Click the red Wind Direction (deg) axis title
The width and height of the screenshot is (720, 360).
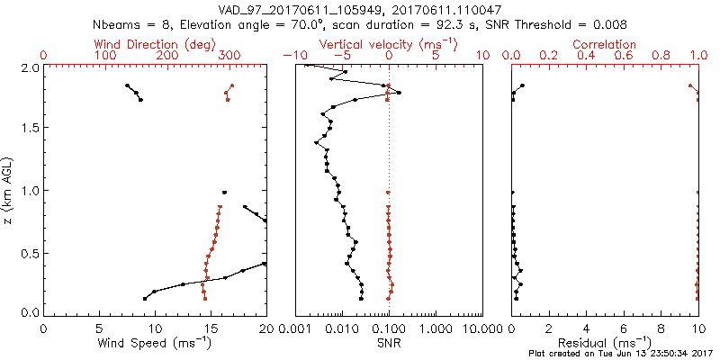[x=155, y=44]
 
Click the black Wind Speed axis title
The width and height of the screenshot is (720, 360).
[x=155, y=343]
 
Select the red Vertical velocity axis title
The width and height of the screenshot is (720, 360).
[x=389, y=44]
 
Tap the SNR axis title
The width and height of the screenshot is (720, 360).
[x=389, y=343]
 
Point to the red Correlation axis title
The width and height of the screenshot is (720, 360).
[x=605, y=44]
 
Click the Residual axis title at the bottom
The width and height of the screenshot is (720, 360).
[x=605, y=343]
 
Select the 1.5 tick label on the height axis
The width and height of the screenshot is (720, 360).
[x=30, y=129]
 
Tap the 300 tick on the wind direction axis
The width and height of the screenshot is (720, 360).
[x=229, y=56]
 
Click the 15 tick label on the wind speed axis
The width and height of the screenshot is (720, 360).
[x=211, y=328]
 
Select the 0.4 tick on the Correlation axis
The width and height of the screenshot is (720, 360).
[x=586, y=56]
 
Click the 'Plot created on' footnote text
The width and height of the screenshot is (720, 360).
[x=622, y=354]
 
